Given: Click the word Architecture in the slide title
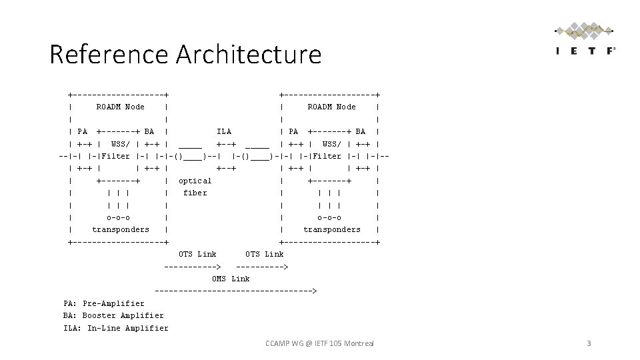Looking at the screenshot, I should (x=249, y=54).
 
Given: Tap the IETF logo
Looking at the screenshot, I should (x=585, y=41).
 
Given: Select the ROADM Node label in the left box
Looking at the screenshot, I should (x=120, y=107).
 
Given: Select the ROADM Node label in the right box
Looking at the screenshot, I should (x=331, y=107).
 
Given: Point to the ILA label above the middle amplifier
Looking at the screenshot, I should (x=224, y=131).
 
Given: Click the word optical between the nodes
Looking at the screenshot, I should (x=195, y=181).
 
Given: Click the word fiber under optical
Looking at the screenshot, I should (x=195, y=193).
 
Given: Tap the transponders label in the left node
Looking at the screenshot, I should (x=121, y=229).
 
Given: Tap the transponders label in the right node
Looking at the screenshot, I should (x=332, y=229).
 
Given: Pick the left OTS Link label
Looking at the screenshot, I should (x=198, y=254).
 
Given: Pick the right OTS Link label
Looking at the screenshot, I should (x=265, y=254).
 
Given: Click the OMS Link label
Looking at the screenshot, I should (x=231, y=279).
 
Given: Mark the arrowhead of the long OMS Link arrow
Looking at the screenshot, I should (x=314, y=291).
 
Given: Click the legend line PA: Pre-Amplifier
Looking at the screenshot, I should (x=104, y=303).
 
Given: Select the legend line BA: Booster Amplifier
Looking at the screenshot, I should (x=113, y=315).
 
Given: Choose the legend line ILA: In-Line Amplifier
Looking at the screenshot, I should (x=116, y=328).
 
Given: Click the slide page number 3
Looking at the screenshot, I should (x=589, y=343).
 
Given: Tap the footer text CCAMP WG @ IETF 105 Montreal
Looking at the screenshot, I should (x=319, y=343).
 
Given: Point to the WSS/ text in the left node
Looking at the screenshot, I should (x=121, y=144).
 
